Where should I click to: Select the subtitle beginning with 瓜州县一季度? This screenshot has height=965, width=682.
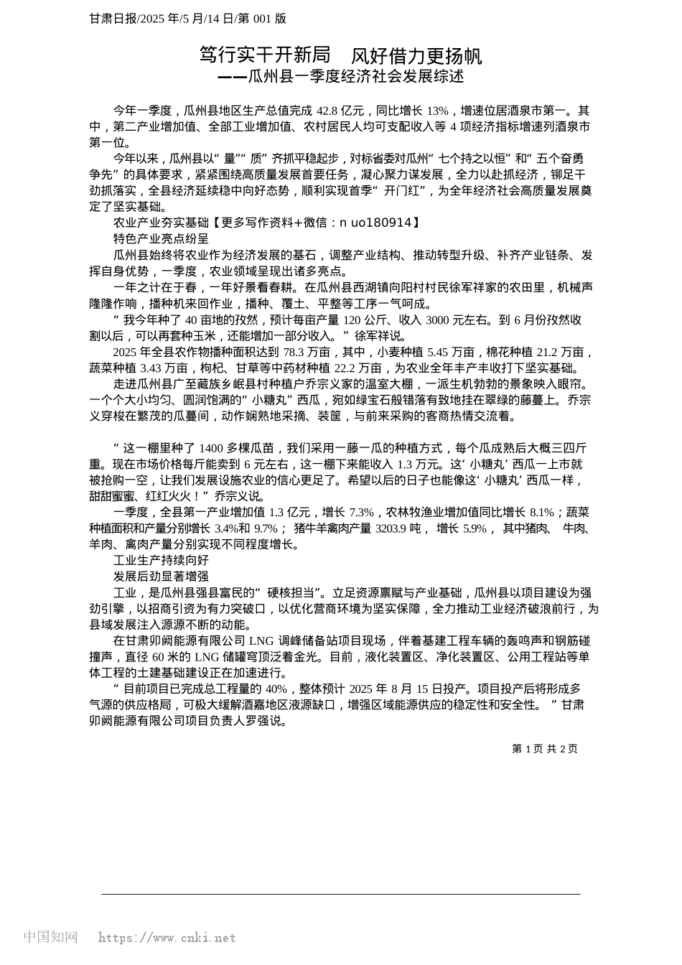(x=356, y=76)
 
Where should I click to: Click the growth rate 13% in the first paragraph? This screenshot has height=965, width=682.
(x=437, y=111)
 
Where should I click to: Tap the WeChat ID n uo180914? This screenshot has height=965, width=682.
(x=375, y=223)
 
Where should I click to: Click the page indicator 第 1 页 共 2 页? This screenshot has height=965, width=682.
(x=544, y=749)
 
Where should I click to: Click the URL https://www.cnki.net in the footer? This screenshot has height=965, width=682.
(x=167, y=938)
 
